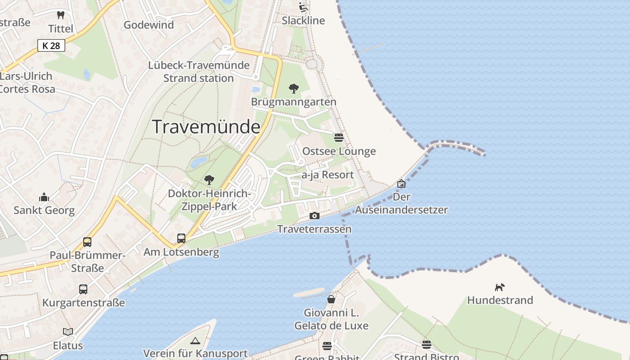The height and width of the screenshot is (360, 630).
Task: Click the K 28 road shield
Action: tap(51, 45)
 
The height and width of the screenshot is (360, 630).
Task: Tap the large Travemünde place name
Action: tap(206, 127)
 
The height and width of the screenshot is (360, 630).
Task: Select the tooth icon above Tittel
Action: tap(61, 15)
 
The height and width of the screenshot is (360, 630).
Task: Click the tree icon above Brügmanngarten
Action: tap(294, 88)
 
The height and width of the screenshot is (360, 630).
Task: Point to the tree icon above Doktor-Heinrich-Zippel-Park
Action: tap(209, 180)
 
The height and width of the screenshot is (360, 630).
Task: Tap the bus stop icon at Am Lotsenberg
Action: tap(181, 238)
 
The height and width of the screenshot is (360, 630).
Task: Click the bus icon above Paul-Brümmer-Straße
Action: tap(87, 242)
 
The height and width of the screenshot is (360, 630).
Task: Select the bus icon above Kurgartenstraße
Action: tap(83, 289)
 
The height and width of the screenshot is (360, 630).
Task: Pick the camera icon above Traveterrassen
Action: tap(315, 216)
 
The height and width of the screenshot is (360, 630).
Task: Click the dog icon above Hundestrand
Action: tap(500, 287)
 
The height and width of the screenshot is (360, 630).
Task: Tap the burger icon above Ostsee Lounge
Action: tap(339, 138)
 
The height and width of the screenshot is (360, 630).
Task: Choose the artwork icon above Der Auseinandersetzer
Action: tap(401, 184)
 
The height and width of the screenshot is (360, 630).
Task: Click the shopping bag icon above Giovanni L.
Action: tap(331, 299)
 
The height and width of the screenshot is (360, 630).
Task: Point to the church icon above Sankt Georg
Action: tap(44, 197)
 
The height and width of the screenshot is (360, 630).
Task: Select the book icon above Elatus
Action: tap(68, 332)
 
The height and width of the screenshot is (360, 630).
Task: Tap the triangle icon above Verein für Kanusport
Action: tap(195, 341)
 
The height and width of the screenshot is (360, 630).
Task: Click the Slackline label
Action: tap(303, 20)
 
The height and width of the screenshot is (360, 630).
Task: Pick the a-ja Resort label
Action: tap(328, 175)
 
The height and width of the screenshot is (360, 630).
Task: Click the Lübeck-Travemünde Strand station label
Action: tap(198, 72)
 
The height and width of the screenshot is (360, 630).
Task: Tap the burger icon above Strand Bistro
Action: tap(427, 345)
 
